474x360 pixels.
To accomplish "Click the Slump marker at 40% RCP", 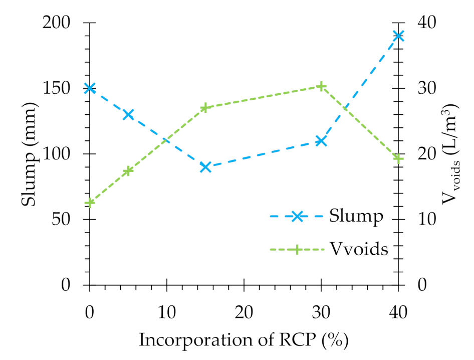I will (398, 36).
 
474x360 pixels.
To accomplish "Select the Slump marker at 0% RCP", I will (90, 88).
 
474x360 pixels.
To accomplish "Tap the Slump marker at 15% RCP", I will (205, 167).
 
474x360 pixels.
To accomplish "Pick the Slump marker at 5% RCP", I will (128, 114).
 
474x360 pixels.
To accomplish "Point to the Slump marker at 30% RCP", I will (321, 141).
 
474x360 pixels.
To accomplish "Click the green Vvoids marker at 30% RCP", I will (321, 86).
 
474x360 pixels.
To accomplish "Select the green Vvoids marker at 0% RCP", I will (90, 203).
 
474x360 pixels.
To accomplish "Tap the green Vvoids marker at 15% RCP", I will (205, 108).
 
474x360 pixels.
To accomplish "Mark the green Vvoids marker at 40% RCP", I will (398, 158).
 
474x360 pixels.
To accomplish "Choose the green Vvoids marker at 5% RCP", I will (128, 171).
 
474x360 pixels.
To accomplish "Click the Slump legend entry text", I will (356, 216).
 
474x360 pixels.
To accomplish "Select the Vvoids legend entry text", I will (359, 249).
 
